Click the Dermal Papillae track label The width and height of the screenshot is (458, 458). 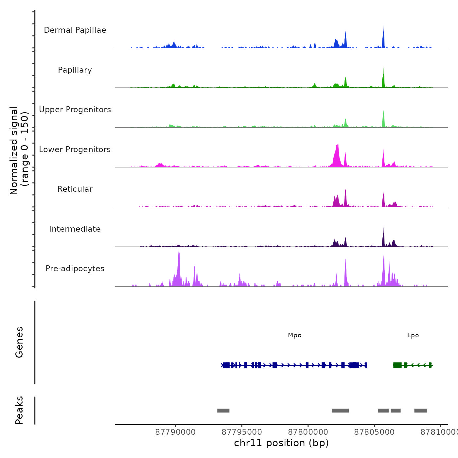(75, 30)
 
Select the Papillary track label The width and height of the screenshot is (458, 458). (75, 70)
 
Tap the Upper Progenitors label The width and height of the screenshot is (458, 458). (75, 110)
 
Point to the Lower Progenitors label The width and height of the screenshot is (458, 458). (75, 150)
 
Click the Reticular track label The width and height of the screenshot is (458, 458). (75, 189)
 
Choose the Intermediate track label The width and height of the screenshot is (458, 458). (75, 229)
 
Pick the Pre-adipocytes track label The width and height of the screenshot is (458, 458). (75, 269)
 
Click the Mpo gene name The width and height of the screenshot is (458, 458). (294, 335)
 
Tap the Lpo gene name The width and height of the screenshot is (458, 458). (413, 335)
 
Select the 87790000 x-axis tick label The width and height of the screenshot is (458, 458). (175, 432)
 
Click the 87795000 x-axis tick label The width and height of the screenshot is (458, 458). (242, 432)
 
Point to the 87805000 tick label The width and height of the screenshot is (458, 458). (374, 432)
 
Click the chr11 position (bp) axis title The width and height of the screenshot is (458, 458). (281, 443)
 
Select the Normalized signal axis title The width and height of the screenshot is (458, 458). (19, 150)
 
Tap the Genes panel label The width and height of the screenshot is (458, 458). (19, 342)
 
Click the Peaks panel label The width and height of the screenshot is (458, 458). (19, 410)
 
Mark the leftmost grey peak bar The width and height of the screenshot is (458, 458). (223, 411)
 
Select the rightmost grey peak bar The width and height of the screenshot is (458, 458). (420, 411)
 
